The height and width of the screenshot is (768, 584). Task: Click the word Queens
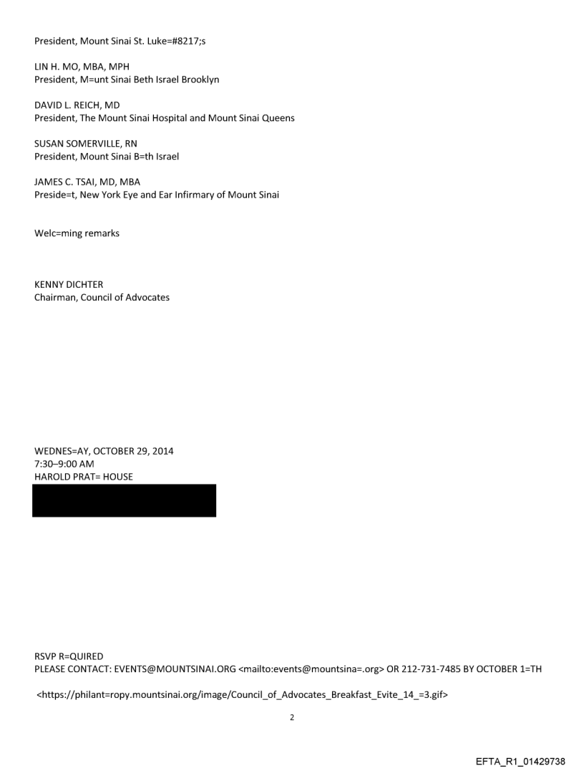click(276, 117)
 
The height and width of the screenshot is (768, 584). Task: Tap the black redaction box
click(124, 500)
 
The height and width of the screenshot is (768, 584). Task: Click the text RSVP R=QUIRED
click(69, 656)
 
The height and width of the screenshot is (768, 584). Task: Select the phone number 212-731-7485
click(437, 669)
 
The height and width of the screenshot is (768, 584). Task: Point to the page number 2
click(292, 716)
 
